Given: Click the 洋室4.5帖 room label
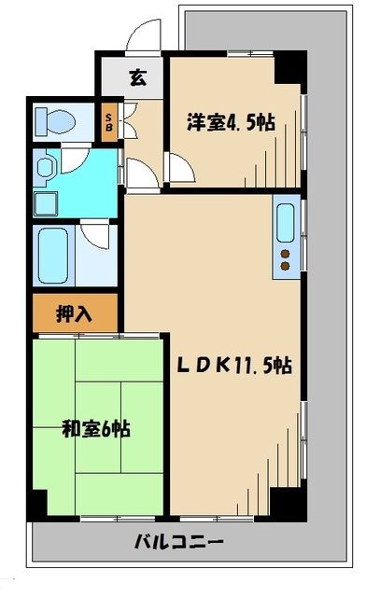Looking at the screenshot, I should (x=232, y=121).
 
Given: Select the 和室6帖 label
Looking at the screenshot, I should (x=95, y=430).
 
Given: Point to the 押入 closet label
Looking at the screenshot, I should (x=76, y=313).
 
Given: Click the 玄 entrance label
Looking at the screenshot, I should (x=137, y=77).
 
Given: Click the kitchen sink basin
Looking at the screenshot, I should (x=285, y=221).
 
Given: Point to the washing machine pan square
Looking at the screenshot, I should (x=43, y=202).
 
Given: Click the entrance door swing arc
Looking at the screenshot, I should (x=143, y=35).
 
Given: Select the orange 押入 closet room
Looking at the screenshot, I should (x=76, y=313).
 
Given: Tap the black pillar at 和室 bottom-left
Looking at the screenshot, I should (x=36, y=506).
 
